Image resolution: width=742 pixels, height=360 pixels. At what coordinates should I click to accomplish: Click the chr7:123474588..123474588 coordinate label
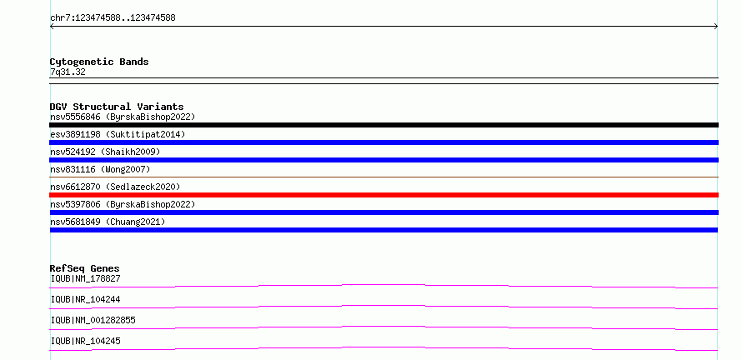pyautogui.click(x=113, y=18)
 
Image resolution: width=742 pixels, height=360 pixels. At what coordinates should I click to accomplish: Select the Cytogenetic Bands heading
pyautogui.click(x=99, y=62)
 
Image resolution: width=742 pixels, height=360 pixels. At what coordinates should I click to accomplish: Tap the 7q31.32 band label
pyautogui.click(x=68, y=72)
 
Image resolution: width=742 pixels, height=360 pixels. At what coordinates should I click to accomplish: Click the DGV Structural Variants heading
pyautogui.click(x=117, y=107)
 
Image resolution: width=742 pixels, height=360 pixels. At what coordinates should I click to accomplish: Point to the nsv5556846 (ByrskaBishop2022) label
pyautogui.click(x=123, y=117)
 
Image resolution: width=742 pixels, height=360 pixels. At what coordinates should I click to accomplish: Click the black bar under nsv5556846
pyautogui.click(x=384, y=125)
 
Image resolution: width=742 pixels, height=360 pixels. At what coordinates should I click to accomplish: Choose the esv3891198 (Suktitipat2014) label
pyautogui.click(x=118, y=134)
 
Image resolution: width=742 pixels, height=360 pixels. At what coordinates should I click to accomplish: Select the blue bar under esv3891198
pyautogui.click(x=384, y=142)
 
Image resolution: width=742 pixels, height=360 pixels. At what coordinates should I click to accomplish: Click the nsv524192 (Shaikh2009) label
pyautogui.click(x=105, y=152)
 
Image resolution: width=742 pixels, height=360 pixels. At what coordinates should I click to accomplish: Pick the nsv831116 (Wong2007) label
pyautogui.click(x=100, y=169)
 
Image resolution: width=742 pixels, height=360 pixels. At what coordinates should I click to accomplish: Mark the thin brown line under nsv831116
pyautogui.click(x=384, y=177)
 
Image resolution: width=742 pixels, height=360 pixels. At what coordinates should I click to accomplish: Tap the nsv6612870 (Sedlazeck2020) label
pyautogui.click(x=115, y=187)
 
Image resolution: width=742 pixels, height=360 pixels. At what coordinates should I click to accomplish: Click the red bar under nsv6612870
pyautogui.click(x=384, y=195)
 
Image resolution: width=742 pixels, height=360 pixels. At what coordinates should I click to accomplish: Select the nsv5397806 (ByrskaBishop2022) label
pyautogui.click(x=123, y=204)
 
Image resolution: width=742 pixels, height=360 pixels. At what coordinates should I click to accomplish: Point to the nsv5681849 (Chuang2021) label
pyautogui.click(x=108, y=222)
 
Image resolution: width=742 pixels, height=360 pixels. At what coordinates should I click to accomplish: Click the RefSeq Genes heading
pyautogui.click(x=84, y=268)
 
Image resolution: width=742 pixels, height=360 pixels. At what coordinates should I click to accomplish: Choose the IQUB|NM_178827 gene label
pyautogui.click(x=85, y=278)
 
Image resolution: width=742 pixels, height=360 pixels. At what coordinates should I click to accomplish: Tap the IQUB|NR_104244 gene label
pyautogui.click(x=85, y=299)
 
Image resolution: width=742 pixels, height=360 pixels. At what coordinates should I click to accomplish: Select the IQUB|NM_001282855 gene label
pyautogui.click(x=93, y=320)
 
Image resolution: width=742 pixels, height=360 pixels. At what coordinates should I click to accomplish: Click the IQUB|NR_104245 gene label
pyautogui.click(x=85, y=341)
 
